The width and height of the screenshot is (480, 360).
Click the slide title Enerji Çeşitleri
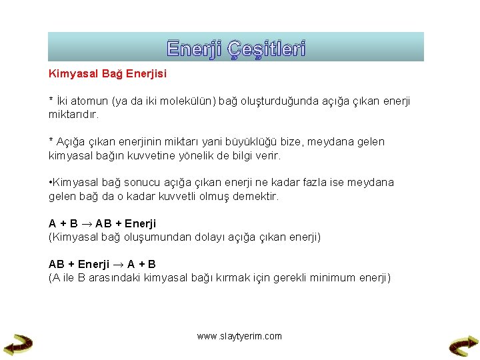point(236,49)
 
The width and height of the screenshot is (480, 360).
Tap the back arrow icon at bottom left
point(18,343)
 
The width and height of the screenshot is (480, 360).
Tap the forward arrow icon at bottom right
point(463,344)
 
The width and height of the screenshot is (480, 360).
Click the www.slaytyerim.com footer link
point(239,336)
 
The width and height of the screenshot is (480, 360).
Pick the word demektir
point(255,197)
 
